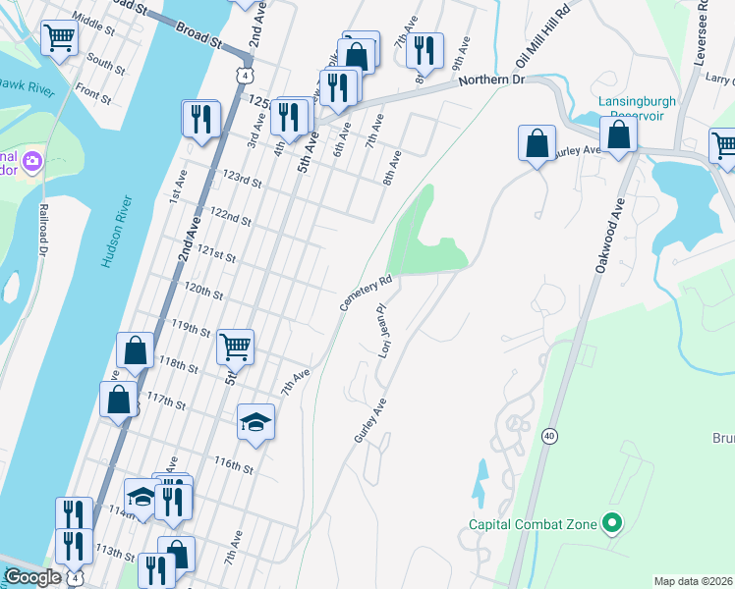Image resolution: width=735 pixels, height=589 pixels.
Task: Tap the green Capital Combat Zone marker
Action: [612, 524]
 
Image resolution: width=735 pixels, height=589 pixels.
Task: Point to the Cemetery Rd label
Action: [367, 294]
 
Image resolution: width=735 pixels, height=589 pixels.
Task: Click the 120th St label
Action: [204, 293]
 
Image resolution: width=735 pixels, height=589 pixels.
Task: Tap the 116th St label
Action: [235, 466]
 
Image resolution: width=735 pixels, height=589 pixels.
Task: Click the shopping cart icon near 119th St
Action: [235, 346]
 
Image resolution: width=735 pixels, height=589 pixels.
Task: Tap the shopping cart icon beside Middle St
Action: [59, 38]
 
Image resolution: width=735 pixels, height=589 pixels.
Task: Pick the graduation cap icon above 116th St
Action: [255, 422]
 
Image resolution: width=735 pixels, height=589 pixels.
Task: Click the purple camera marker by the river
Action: [31, 160]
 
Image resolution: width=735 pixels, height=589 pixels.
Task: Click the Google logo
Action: [33, 577]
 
